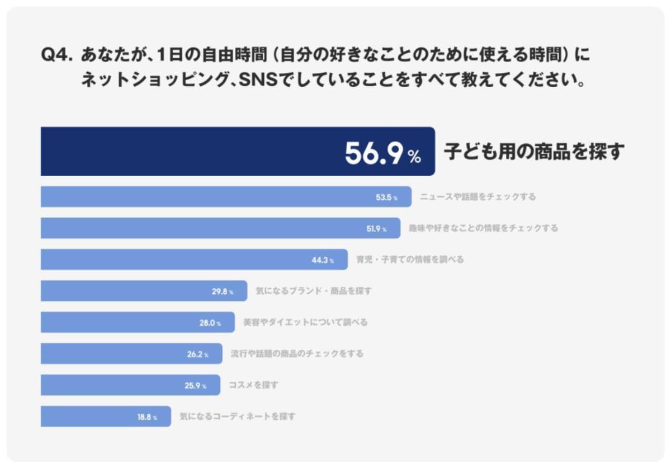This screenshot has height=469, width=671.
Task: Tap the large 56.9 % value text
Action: click(x=382, y=153)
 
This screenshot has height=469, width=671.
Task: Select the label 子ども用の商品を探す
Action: click(x=533, y=152)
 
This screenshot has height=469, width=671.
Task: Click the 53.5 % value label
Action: click(x=386, y=197)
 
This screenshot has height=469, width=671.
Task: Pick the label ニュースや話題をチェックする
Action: click(x=478, y=197)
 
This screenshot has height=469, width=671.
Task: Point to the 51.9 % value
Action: click(x=375, y=229)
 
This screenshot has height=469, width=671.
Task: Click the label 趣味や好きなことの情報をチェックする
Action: click(x=483, y=228)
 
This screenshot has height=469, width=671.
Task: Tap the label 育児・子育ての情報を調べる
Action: click(x=410, y=260)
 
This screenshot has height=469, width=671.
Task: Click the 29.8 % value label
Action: click(x=222, y=292)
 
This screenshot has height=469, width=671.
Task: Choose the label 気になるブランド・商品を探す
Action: click(x=314, y=291)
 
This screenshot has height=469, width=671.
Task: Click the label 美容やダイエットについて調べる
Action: click(x=305, y=322)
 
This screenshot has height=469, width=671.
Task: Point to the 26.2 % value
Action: click(x=197, y=354)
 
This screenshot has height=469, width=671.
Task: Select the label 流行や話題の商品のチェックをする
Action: click(x=297, y=354)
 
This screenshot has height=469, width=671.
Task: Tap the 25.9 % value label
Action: click(x=195, y=386)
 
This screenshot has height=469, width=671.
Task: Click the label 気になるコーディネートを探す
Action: click(x=238, y=416)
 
